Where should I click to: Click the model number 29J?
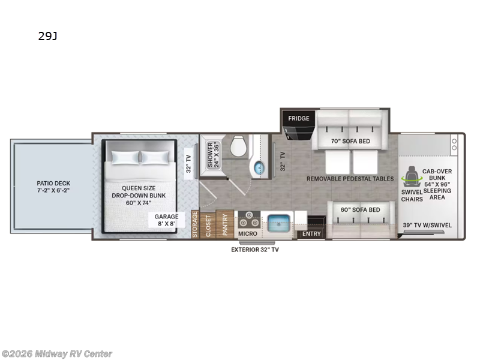click(48, 36)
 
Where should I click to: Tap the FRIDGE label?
click(298, 118)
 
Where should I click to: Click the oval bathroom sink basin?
click(259, 168)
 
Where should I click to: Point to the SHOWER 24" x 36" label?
click(214, 155)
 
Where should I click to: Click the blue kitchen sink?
click(278, 223)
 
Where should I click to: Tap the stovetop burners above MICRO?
click(249, 219)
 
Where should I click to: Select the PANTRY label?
click(225, 224)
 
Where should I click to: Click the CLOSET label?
click(208, 226)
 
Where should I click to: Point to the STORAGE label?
click(195, 224)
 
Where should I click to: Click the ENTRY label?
click(311, 234)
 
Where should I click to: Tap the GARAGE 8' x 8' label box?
click(167, 220)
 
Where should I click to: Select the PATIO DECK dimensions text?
click(53, 190)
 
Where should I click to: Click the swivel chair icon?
click(412, 177)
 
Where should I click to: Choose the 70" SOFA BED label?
click(350, 141)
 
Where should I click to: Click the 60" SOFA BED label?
click(361, 209)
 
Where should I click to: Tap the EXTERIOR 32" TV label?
click(255, 250)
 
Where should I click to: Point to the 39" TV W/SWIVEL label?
click(427, 225)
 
